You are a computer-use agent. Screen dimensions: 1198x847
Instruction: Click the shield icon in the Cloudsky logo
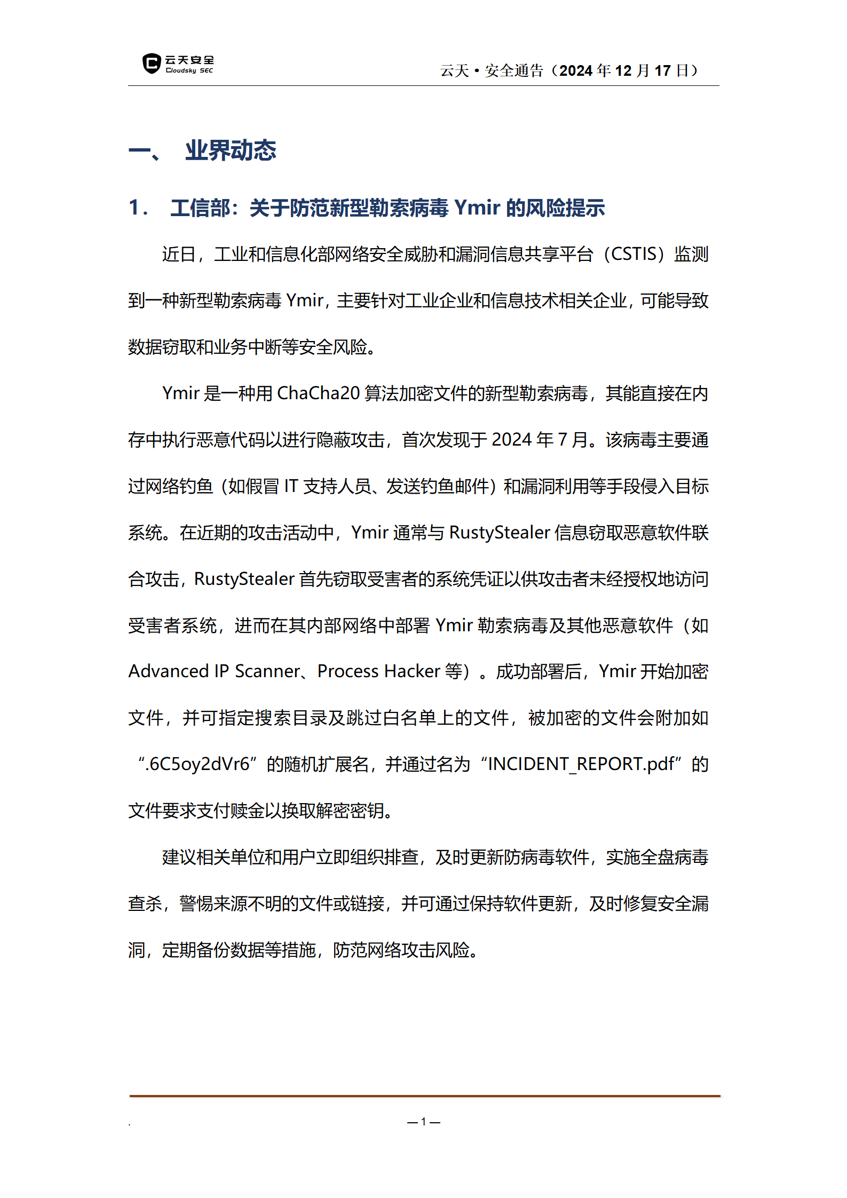[152, 64]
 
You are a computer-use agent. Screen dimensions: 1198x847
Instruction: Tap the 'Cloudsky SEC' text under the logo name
[189, 70]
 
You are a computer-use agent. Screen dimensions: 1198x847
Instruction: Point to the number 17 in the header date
[662, 70]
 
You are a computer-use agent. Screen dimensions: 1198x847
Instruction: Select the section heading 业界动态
[231, 150]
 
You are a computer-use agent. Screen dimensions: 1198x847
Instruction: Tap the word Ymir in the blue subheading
[477, 208]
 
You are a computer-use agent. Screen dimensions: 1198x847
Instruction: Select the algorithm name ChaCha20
[319, 393]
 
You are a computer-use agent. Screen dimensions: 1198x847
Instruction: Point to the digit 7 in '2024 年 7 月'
[562, 440]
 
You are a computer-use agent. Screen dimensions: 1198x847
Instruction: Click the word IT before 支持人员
[291, 486]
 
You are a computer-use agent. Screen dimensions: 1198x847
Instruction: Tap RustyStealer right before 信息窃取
[500, 533]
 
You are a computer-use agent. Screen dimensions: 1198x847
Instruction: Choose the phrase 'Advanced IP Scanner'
[214, 671]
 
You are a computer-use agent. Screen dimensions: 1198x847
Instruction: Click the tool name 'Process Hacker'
[379, 671]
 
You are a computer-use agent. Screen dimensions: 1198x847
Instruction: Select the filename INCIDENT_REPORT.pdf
[581, 764]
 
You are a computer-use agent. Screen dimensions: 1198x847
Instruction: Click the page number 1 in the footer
[423, 1122]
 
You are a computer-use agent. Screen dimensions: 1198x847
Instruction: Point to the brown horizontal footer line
[424, 1096]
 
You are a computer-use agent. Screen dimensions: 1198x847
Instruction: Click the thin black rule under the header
[423, 85]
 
